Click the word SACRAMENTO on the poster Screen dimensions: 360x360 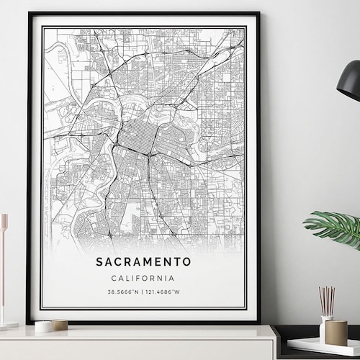(143, 261)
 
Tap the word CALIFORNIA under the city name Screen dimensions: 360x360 (143, 278)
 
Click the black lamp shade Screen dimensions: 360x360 (350, 81)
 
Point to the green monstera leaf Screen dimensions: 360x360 (334, 227)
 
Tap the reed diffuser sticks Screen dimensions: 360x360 (327, 300)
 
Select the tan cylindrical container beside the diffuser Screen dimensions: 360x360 (336, 332)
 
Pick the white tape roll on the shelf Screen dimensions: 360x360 (43, 326)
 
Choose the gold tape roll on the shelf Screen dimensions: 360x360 (60, 325)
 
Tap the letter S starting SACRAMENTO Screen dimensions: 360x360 (99, 261)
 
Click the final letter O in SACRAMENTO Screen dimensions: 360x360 (188, 261)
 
